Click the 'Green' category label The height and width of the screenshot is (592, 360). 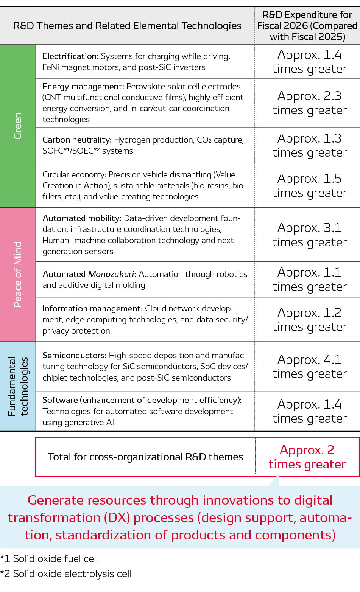[x=18, y=126]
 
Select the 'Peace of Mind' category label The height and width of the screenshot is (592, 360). [x=18, y=275]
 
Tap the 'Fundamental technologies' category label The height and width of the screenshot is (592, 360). [x=18, y=386]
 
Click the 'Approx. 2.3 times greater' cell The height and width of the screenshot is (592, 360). [x=309, y=103]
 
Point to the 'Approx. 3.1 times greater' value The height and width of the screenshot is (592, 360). [x=309, y=235]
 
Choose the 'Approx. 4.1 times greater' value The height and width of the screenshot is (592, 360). [x=309, y=366]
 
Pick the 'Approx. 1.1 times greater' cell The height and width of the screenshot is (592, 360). [x=309, y=279]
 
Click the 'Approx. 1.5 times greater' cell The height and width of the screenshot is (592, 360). [x=309, y=185]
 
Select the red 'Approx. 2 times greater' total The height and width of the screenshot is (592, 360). [x=307, y=457]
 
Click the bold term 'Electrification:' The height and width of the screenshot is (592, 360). [x=70, y=56]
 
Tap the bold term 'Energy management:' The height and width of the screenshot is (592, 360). [x=83, y=87]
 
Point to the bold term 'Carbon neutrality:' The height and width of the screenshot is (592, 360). [x=77, y=140]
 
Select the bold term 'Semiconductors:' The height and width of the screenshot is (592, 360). [x=75, y=356]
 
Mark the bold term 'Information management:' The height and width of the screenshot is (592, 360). [x=92, y=309]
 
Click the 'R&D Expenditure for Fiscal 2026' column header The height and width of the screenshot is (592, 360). [x=307, y=26]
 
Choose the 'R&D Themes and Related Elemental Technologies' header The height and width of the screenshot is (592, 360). [x=127, y=26]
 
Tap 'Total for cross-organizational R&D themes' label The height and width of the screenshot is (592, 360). [x=145, y=457]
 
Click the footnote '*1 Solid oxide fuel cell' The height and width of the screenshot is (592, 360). [x=49, y=559]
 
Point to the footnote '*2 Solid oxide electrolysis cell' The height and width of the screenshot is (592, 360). [x=66, y=574]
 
